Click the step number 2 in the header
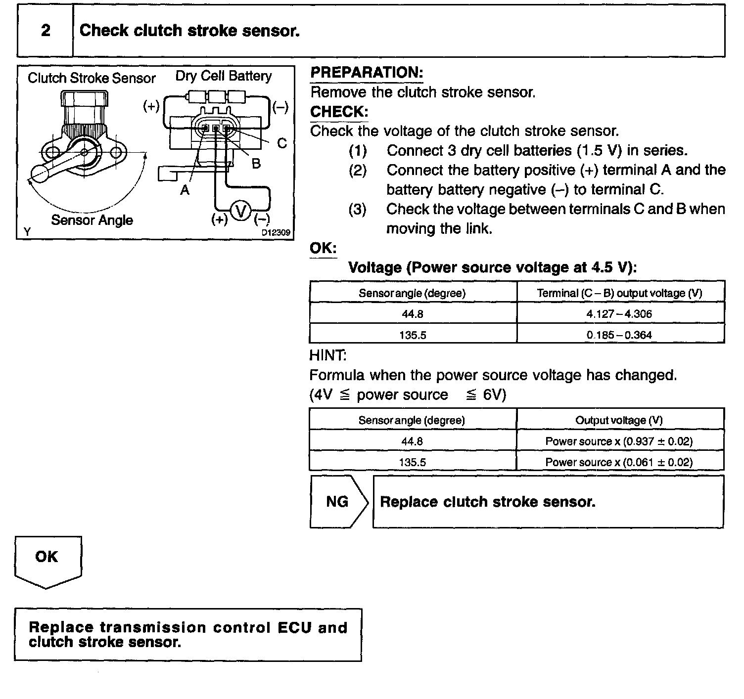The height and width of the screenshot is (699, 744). [46, 31]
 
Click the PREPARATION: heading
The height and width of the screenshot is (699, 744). [367, 73]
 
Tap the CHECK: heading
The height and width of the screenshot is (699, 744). [339, 112]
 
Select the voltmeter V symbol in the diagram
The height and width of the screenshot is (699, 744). [241, 212]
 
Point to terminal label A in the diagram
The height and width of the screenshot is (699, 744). [185, 190]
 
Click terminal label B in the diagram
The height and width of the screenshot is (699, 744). [256, 164]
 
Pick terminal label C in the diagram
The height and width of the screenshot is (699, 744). [281, 143]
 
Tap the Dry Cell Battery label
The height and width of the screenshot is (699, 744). [224, 76]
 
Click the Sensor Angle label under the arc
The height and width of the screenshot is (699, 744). [92, 220]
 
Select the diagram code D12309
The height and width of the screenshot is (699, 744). [276, 232]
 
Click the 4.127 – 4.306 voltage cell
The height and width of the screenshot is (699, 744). [619, 313]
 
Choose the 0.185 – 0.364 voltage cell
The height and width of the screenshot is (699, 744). [619, 335]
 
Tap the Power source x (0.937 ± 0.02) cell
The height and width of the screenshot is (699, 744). [619, 441]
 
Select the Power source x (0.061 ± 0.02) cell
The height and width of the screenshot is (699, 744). [619, 462]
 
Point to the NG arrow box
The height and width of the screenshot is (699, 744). [338, 502]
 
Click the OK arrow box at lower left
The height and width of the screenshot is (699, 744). [47, 559]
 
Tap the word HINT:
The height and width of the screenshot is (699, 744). [328, 355]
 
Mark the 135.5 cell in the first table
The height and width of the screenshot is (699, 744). [413, 335]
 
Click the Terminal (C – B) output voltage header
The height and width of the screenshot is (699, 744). [619, 293]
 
